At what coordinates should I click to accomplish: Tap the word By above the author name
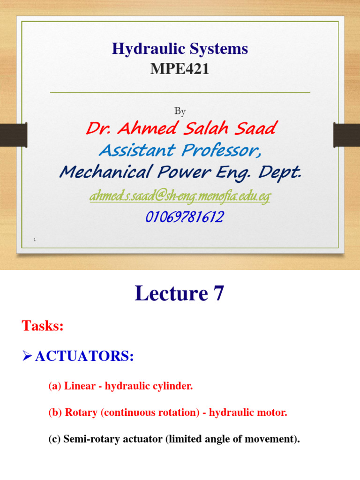pyautogui.click(x=180, y=111)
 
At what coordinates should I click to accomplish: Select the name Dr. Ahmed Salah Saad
pyautogui.click(x=180, y=128)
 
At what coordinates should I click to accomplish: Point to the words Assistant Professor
pyautogui.click(x=180, y=150)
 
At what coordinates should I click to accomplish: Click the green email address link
pyautogui.click(x=180, y=197)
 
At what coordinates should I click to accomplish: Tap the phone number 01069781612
pyautogui.click(x=180, y=217)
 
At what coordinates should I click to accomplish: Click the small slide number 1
pyautogui.click(x=35, y=240)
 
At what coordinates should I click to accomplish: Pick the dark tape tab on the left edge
pyautogui.click(x=13, y=134)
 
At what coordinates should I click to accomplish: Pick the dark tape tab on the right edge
pyautogui.click(x=346, y=134)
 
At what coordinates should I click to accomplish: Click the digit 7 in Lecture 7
pyautogui.click(x=218, y=294)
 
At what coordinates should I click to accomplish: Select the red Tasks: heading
pyautogui.click(x=43, y=326)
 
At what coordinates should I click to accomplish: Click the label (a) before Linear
pyautogui.click(x=55, y=387)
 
